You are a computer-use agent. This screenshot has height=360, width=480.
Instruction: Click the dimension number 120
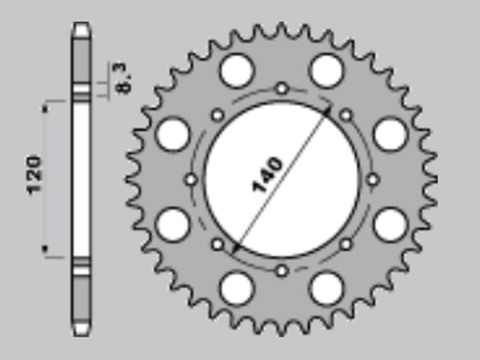pos(34,176)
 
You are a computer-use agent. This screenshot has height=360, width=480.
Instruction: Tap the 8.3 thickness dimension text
pos(123,78)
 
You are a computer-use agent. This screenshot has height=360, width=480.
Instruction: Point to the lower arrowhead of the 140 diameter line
pos(236,246)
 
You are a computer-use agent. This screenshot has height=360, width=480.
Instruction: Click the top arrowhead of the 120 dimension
pos(45,102)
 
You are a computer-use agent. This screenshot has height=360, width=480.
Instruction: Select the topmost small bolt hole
pos(282,88)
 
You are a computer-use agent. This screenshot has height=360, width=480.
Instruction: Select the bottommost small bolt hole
pos(282,270)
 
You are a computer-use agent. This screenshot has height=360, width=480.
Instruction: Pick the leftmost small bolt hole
pos(190,180)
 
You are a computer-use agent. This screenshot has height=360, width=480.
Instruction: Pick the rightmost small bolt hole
pos(373,180)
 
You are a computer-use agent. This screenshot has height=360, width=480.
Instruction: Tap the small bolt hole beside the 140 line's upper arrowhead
pos(346,115)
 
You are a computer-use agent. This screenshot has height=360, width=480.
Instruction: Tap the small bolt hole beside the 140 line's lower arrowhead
pos(218,244)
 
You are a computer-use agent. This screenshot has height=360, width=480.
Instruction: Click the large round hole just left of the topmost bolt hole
pos(237,70)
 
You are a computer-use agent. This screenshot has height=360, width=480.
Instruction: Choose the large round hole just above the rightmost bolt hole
pos(391,134)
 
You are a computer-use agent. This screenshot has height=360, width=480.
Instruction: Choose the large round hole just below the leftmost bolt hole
pos(172,224)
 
